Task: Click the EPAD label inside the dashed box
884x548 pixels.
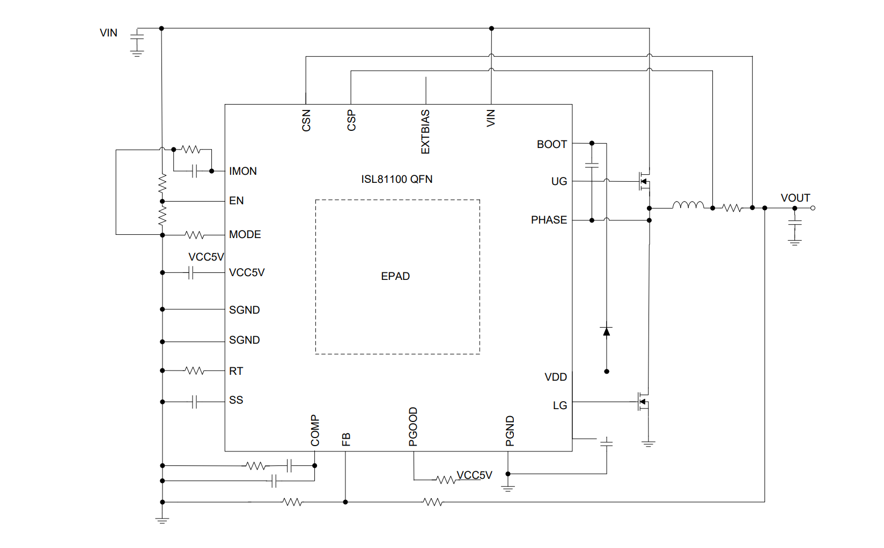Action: point(395,276)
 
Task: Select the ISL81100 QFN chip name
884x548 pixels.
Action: point(396,179)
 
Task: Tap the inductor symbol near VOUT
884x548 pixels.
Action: point(688,205)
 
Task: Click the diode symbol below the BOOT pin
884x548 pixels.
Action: point(607,332)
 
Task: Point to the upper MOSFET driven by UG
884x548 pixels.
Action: point(644,181)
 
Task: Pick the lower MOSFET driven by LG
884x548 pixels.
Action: point(643,402)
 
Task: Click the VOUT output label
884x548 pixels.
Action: point(795,198)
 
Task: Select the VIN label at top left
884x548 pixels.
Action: point(108,33)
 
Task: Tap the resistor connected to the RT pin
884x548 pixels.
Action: point(194,371)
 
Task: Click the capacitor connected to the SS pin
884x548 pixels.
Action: point(195,402)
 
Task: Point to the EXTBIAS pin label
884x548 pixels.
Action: point(425,132)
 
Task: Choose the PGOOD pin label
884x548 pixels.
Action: point(413,427)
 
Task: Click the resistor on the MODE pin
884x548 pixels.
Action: point(194,235)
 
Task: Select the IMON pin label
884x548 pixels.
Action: point(242,171)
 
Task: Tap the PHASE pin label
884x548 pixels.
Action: point(549,220)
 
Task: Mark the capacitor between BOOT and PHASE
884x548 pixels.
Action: point(592,165)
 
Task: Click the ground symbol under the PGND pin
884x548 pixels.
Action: point(508,488)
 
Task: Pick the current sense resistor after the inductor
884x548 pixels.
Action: point(732,208)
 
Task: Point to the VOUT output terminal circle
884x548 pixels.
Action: point(813,208)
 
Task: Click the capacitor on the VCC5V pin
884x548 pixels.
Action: point(190,273)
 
